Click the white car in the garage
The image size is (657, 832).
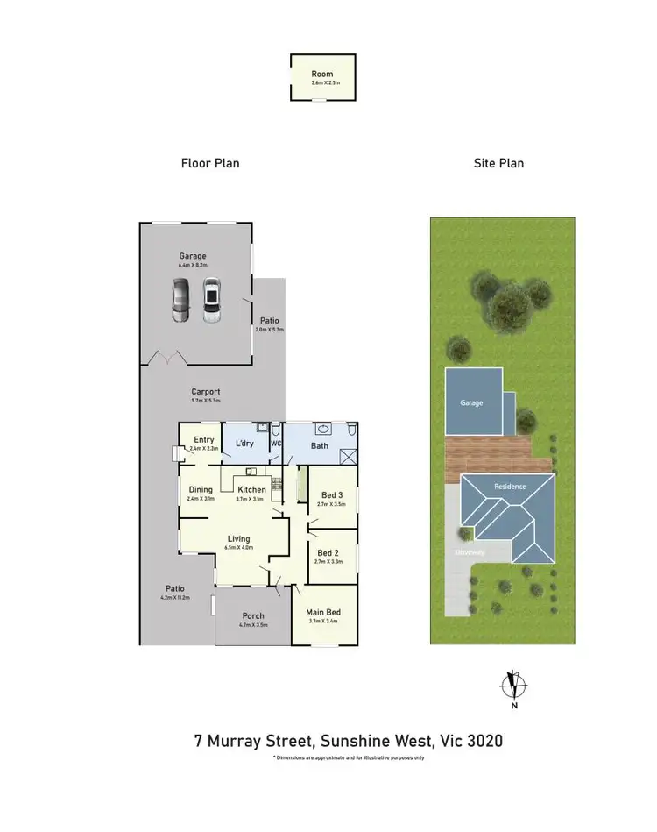point(210,301)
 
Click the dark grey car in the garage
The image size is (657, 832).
point(180,301)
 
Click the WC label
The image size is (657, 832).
point(275,444)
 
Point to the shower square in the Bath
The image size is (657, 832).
point(347,456)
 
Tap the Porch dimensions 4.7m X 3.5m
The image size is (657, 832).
point(252,626)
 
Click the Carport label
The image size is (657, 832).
point(206,392)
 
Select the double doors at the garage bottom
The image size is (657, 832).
point(167,359)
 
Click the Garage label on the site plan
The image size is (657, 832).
point(472,404)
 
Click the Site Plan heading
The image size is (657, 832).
point(498,163)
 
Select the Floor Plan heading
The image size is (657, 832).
point(210,163)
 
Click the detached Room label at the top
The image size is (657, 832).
point(322,75)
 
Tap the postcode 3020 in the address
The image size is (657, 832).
point(485,741)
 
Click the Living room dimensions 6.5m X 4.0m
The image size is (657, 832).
point(238,548)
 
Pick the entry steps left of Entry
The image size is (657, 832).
point(175,452)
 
